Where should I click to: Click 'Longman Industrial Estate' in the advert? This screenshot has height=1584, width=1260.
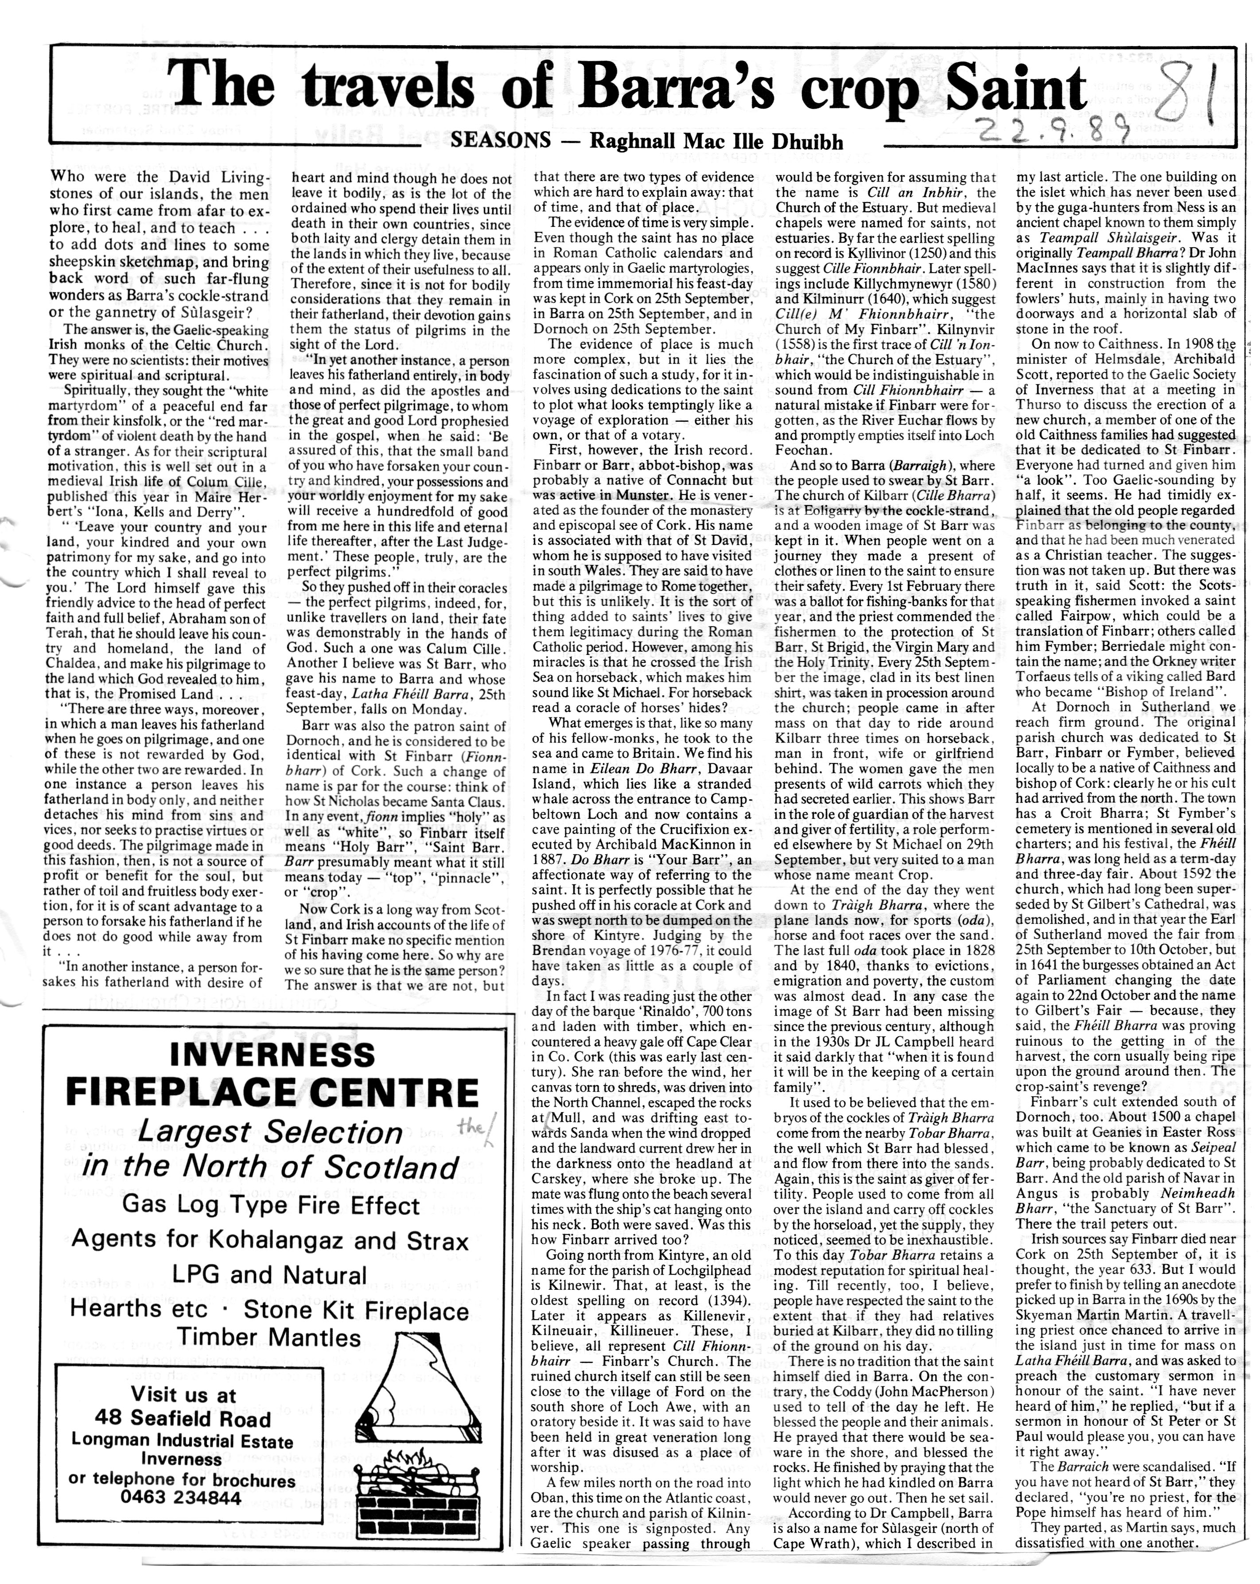coord(182,1441)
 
